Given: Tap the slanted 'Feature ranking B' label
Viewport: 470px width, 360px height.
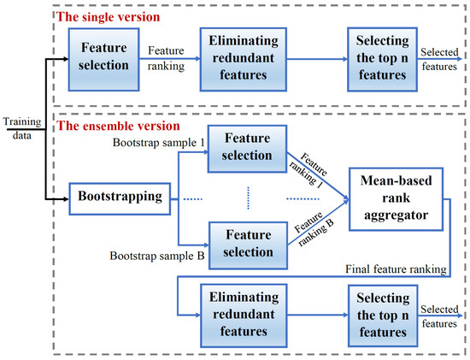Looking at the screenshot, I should (315, 233).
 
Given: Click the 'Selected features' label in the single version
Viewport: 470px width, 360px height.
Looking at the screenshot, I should (442, 56).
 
